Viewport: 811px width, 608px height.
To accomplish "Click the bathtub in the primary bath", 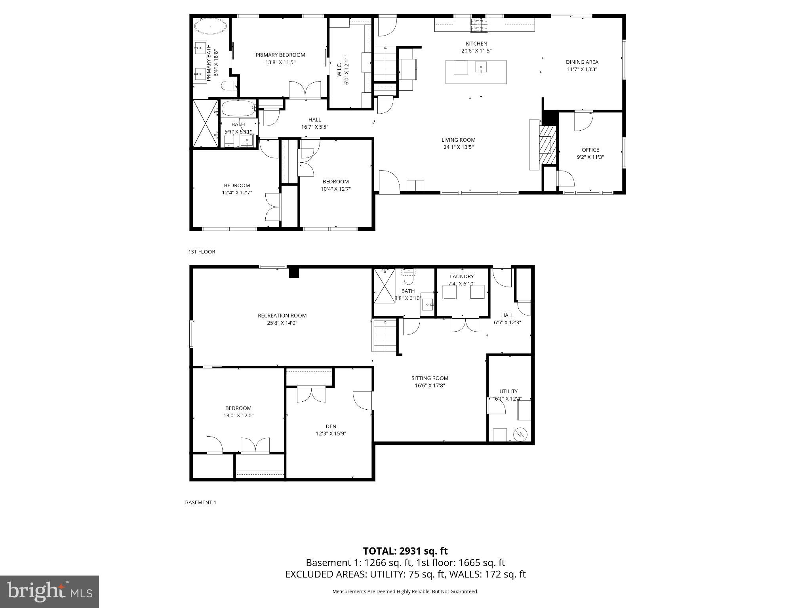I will click(211, 28).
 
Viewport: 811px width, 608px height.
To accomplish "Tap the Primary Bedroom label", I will click(280, 55).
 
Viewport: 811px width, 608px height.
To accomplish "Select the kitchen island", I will click(476, 72).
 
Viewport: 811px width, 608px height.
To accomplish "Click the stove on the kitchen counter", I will click(480, 25).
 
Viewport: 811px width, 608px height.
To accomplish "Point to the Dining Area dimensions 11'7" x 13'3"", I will click(582, 69).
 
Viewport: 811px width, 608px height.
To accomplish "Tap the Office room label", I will click(590, 150).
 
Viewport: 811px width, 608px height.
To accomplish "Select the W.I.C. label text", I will click(339, 71).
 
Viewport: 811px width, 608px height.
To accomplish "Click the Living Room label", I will click(459, 140).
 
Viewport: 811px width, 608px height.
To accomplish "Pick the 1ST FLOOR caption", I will click(202, 252).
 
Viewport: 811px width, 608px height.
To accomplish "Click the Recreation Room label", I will click(282, 315).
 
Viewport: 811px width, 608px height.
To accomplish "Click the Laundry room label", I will click(462, 276).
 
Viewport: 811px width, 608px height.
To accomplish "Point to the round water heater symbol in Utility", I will click(520, 435).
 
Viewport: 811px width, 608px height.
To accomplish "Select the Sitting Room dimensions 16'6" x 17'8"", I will click(430, 386).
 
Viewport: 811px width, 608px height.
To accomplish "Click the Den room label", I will click(331, 426).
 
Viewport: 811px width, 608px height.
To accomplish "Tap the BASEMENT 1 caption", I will click(201, 502).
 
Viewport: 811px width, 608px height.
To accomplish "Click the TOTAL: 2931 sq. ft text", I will click(405, 551).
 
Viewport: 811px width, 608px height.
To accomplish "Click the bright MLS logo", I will click(49, 591).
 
